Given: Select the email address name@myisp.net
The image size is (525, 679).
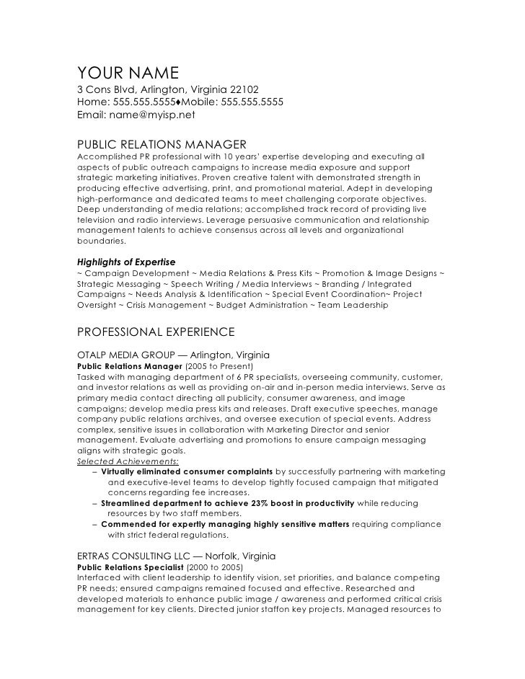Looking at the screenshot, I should (x=152, y=114).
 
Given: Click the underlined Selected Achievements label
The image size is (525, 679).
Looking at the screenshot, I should (x=128, y=461).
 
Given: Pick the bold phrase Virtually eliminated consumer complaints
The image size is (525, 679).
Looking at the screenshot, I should (x=187, y=471).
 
